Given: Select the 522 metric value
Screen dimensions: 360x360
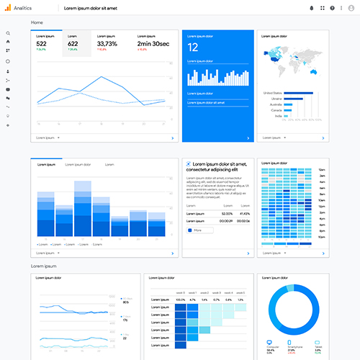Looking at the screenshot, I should click(x=42, y=44).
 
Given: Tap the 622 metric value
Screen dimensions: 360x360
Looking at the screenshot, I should click(x=73, y=44).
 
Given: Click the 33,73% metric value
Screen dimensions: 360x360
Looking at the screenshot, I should click(x=107, y=44).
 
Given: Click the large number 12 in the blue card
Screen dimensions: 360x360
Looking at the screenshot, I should click(x=192, y=48).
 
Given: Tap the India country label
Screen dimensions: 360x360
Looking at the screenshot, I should click(x=268, y=116).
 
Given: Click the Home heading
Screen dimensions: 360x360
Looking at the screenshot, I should click(x=37, y=22).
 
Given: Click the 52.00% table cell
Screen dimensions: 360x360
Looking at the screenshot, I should click(x=227, y=214).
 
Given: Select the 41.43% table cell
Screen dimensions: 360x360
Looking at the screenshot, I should click(x=245, y=214).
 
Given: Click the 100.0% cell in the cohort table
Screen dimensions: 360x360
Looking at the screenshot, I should click(x=181, y=299).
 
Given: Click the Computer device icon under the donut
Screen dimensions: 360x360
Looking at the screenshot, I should click(x=269, y=343).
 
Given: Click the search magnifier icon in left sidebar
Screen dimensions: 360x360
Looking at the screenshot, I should click(x=8, y=33).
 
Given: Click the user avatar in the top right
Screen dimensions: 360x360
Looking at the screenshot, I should click(x=351, y=8).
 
